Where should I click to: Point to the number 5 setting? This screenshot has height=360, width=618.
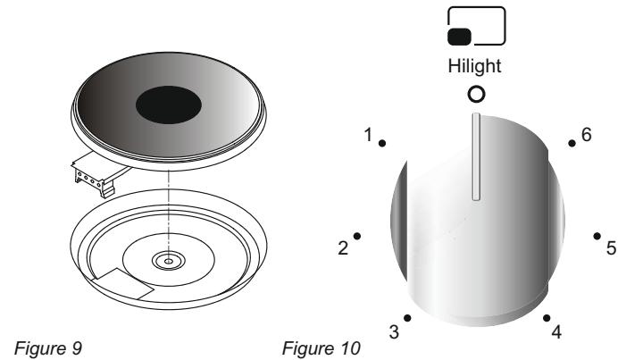point(612,247)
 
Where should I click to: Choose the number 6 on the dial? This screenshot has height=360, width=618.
point(586,134)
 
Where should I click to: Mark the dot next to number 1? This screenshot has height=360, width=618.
point(381,142)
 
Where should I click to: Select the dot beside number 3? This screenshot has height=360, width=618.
point(407,317)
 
